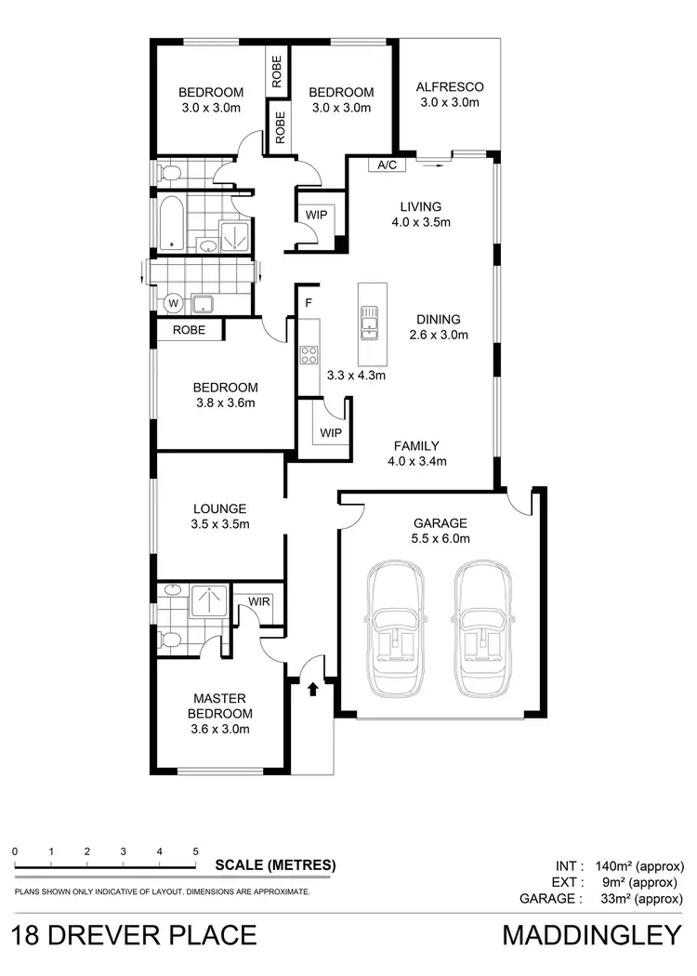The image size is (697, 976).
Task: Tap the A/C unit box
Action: [383, 165]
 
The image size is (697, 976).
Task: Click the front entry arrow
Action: [312, 689]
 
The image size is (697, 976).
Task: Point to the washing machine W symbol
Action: [172, 302]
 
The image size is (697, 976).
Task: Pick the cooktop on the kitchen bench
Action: [309, 354]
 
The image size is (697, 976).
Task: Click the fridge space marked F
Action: [308, 303]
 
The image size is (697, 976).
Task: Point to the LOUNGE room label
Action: [219, 516]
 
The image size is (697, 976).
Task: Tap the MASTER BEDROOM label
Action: [219, 713]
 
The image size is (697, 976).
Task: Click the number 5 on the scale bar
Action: [195, 851]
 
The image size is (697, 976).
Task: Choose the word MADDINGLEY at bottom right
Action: [592, 935]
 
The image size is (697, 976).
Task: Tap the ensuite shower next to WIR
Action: [210, 601]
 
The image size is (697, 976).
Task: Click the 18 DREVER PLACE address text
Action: [135, 935]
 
